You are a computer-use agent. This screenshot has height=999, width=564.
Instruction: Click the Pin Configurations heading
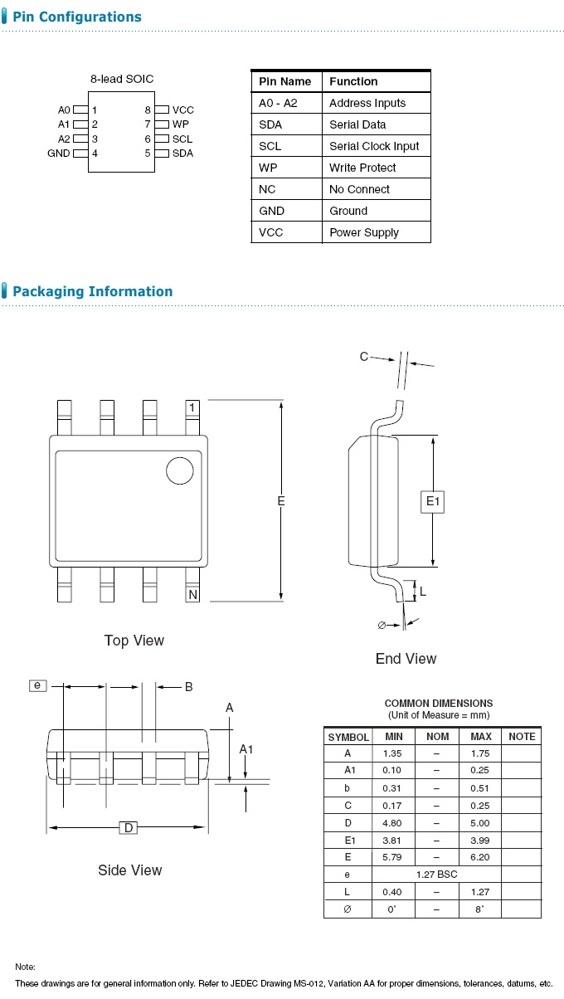(76, 17)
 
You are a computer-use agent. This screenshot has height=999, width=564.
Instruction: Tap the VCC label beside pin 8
(182, 110)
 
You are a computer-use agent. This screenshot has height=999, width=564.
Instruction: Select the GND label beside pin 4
(59, 154)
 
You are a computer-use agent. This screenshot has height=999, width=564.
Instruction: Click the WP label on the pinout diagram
(180, 124)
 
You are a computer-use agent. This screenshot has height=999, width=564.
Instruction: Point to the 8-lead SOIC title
(122, 80)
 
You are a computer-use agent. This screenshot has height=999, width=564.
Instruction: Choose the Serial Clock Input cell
(374, 146)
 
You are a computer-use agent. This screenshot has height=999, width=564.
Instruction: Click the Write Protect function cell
(362, 168)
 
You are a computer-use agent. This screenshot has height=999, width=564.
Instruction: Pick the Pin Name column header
(285, 81)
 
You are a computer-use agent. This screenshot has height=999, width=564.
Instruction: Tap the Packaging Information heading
(92, 291)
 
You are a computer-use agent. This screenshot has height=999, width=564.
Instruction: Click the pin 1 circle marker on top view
(178, 470)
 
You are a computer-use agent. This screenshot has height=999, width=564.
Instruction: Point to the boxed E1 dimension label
(434, 501)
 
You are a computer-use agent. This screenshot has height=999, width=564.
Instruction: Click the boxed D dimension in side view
(129, 827)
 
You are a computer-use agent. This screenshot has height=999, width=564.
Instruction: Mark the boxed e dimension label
(37, 685)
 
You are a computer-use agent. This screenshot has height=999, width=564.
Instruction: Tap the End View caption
(406, 659)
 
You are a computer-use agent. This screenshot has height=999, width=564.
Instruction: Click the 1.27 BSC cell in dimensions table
(437, 875)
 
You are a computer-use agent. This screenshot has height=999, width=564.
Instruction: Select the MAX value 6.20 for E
(480, 857)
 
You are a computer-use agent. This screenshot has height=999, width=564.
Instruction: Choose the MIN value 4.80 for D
(392, 823)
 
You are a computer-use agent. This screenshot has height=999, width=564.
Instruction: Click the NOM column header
(437, 737)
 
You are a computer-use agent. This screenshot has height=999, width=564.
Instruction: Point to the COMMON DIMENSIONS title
(439, 704)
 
